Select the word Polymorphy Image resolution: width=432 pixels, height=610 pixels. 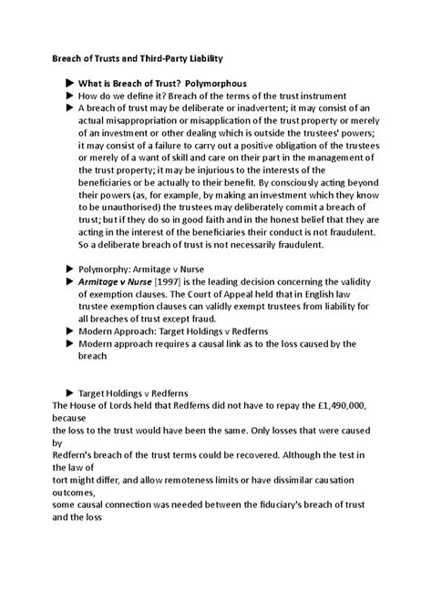(107, 270)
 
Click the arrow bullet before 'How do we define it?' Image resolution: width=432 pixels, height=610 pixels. (70, 96)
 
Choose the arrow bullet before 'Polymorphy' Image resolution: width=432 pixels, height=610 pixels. (70, 270)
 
